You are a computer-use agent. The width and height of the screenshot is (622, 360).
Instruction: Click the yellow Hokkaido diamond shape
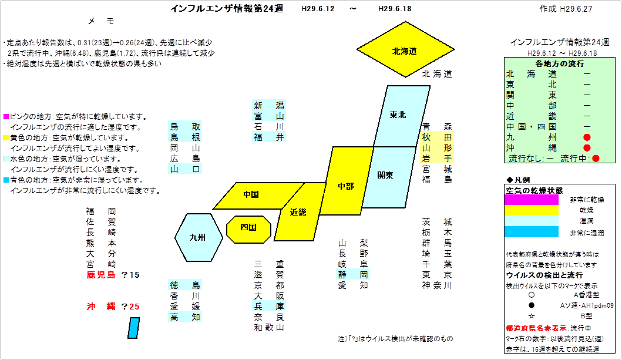(x=405, y=49)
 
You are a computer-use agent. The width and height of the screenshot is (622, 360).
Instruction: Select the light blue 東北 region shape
(x=401, y=116)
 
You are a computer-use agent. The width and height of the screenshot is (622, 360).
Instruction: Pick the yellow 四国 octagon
(x=248, y=230)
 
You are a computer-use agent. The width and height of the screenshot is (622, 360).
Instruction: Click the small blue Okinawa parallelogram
(x=134, y=328)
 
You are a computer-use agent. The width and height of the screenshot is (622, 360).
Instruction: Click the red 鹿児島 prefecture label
(x=101, y=275)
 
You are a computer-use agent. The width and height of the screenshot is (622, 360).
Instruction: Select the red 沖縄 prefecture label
(x=101, y=307)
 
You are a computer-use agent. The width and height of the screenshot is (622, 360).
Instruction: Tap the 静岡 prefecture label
(x=353, y=274)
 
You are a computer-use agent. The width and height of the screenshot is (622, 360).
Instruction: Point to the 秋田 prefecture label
(x=437, y=137)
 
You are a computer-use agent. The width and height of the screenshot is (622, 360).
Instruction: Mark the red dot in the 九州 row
(x=587, y=137)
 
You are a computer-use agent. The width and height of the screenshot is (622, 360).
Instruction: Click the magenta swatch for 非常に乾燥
(x=532, y=200)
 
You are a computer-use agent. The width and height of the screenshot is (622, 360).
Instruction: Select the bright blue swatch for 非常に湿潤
(x=532, y=231)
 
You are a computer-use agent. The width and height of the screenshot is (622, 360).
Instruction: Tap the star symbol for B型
(x=532, y=316)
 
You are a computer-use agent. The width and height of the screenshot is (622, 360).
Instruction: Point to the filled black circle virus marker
(x=532, y=305)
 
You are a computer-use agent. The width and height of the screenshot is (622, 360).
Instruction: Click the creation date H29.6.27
(x=576, y=9)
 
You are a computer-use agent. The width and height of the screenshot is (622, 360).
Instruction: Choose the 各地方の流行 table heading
(x=559, y=63)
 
